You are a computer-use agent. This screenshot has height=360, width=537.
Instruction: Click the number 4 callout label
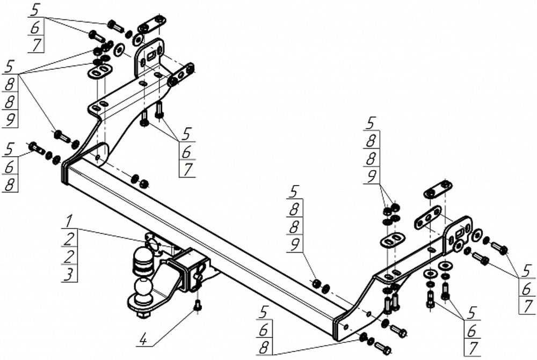pyautogui.click(x=143, y=341)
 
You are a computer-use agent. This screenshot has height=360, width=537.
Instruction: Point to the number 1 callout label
pyautogui.click(x=69, y=221)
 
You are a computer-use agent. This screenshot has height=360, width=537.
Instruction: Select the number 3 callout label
pyautogui.click(x=69, y=275)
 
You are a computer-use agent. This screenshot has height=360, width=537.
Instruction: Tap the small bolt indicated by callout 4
pyautogui.click(x=197, y=305)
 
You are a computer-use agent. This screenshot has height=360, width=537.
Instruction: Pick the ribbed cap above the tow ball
pyautogui.click(x=142, y=261)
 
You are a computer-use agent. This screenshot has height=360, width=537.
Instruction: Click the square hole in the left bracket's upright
pyautogui.click(x=151, y=55)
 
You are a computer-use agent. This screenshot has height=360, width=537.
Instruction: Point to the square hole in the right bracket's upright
pyautogui.click(x=460, y=234)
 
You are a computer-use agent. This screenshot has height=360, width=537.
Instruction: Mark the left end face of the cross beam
pyautogui.click(x=65, y=175)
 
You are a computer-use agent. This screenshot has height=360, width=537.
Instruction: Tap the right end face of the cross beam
pyautogui.click(x=336, y=329)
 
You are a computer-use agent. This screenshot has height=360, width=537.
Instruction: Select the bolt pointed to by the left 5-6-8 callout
pyautogui.click(x=36, y=148)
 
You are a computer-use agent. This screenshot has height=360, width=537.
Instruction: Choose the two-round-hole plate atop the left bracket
pyautogui.click(x=151, y=24)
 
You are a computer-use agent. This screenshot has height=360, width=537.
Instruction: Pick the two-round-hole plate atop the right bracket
pyautogui.click(x=438, y=189)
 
